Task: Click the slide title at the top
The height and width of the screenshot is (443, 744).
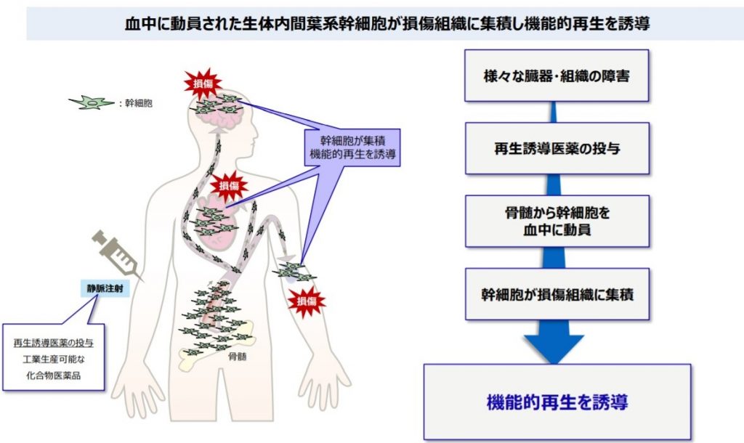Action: tap(386, 23)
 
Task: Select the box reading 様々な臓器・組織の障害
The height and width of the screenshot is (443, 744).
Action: tap(556, 76)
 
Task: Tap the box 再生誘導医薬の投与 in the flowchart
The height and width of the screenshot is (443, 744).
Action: tap(556, 149)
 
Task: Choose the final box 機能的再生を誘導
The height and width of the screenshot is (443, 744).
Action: tap(557, 401)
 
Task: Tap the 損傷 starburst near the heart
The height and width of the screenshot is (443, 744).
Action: tap(229, 184)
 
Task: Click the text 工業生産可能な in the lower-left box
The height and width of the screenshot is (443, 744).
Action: tap(52, 359)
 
